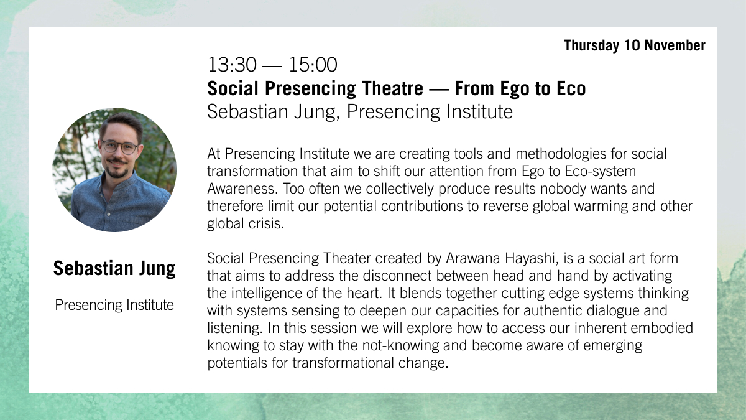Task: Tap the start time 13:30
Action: point(228,65)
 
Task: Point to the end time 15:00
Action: point(313,65)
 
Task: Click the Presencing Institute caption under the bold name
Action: point(114,305)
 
